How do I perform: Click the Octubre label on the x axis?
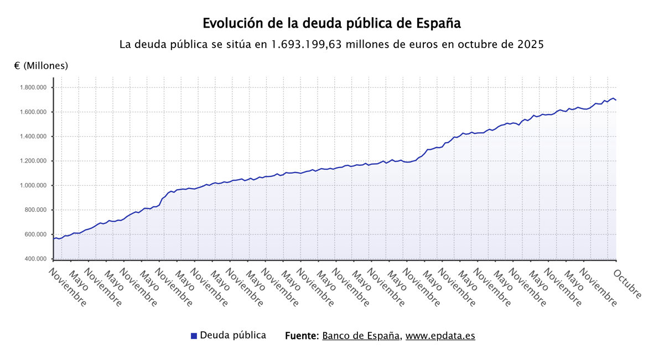pyautogui.click(x=627, y=284)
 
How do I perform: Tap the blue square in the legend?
pyautogui.click(x=194, y=336)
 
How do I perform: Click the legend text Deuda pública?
pyautogui.click(x=233, y=335)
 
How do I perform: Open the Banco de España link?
pyautogui.click(x=361, y=336)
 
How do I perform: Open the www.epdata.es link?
pyautogui.click(x=440, y=336)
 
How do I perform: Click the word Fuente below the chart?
pyautogui.click(x=302, y=336)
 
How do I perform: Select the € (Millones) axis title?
pyautogui.click(x=41, y=66)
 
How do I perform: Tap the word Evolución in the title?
pyautogui.click(x=228, y=24)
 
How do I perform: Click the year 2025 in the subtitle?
pyautogui.click(x=531, y=44)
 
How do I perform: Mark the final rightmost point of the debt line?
pyautogui.click(x=616, y=100)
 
